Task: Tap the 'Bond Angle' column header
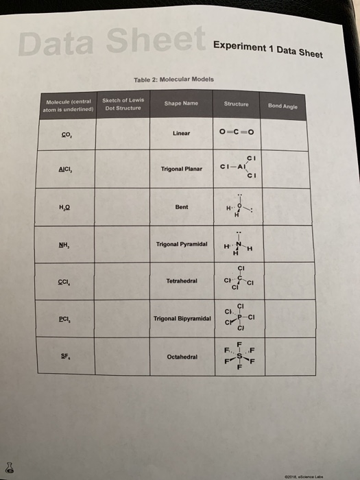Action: tap(283, 106)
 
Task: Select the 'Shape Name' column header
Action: tap(181, 104)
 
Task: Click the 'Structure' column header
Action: tap(236, 105)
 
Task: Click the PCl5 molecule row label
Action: tap(66, 319)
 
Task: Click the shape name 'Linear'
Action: tap(181, 133)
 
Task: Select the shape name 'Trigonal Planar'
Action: tap(181, 168)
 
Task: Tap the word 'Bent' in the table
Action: tap(181, 206)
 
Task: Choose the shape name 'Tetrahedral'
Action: tap(181, 281)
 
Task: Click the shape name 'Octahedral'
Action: tap(181, 357)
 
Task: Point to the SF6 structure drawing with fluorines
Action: tap(237, 355)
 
